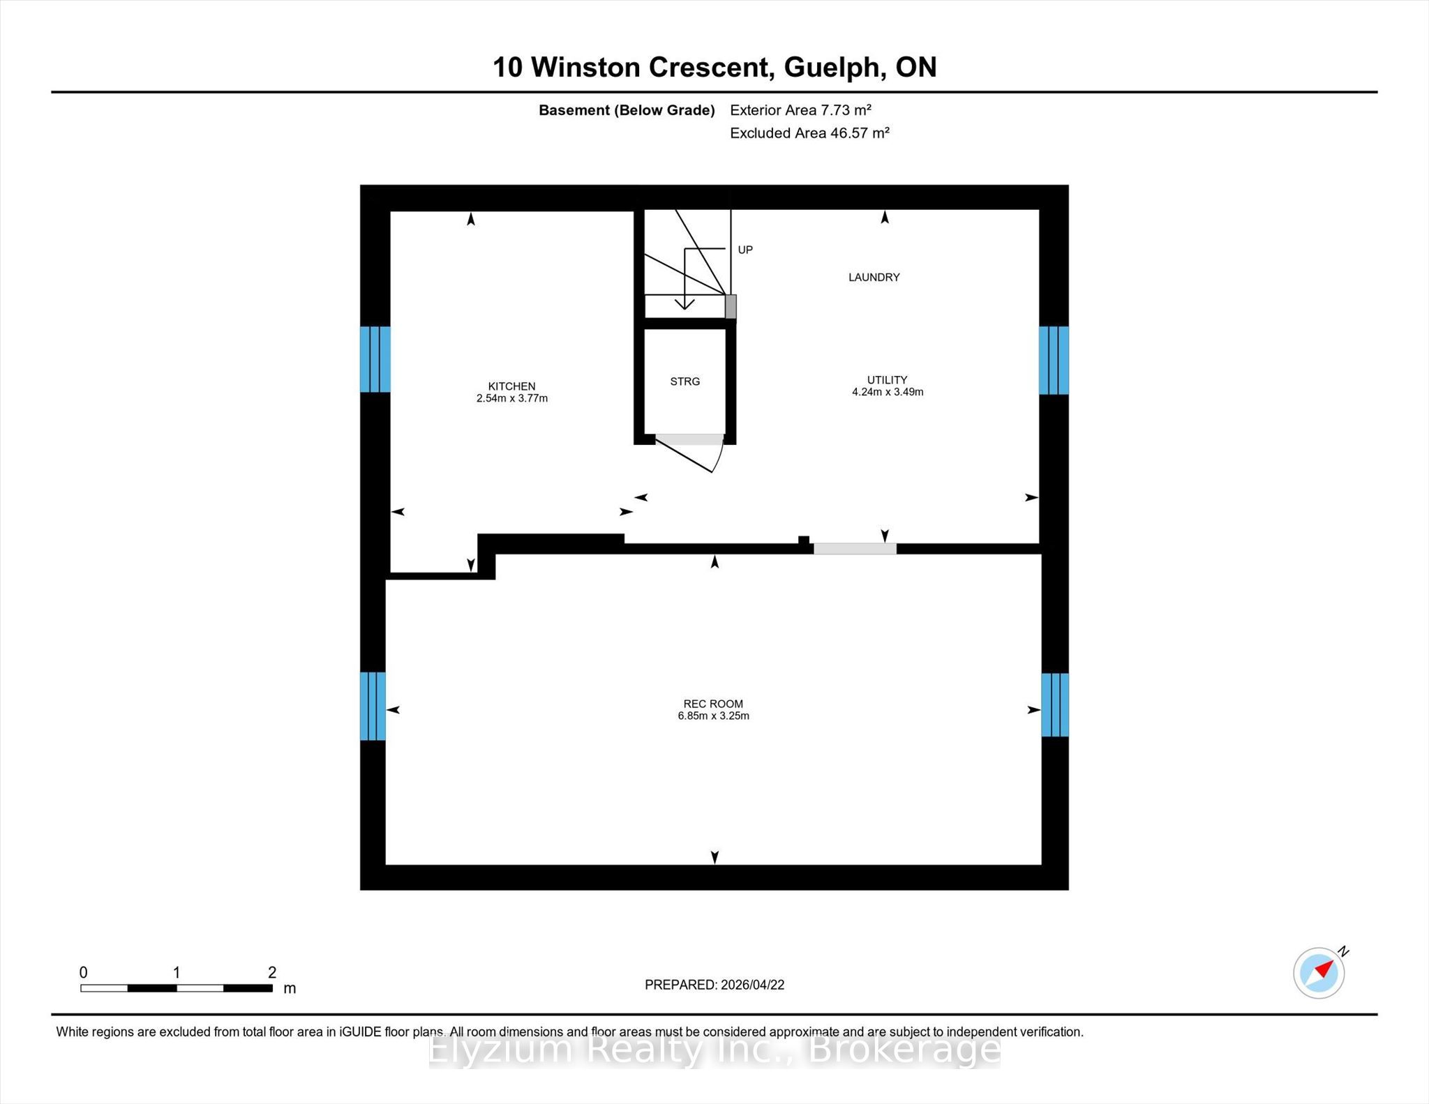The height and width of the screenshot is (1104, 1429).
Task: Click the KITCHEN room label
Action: (511, 386)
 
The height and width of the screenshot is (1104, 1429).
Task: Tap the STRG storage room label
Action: (684, 381)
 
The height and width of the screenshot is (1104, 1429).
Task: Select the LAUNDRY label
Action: (874, 278)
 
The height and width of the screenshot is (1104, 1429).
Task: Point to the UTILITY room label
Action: (887, 380)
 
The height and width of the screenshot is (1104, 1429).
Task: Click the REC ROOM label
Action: (713, 704)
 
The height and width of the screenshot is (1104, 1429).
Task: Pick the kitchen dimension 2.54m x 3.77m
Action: (511, 399)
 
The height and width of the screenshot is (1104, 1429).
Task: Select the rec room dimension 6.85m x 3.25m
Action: (713, 716)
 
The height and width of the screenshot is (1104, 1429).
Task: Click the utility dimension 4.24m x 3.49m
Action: (888, 392)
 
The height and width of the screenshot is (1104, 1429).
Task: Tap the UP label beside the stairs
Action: (745, 250)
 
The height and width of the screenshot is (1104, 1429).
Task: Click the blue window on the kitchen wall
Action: (375, 359)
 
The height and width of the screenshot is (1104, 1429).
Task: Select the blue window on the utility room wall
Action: (1054, 361)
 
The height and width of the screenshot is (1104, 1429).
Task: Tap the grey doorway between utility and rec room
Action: (855, 549)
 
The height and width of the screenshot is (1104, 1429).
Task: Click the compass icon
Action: (1319, 972)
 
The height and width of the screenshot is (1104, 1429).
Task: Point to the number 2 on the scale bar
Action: (272, 972)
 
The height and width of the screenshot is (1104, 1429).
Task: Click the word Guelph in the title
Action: (831, 68)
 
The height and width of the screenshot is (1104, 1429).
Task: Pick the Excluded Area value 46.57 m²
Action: (860, 133)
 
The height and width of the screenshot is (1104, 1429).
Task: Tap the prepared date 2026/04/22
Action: (752, 985)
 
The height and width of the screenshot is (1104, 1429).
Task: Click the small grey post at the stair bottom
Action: (731, 307)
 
